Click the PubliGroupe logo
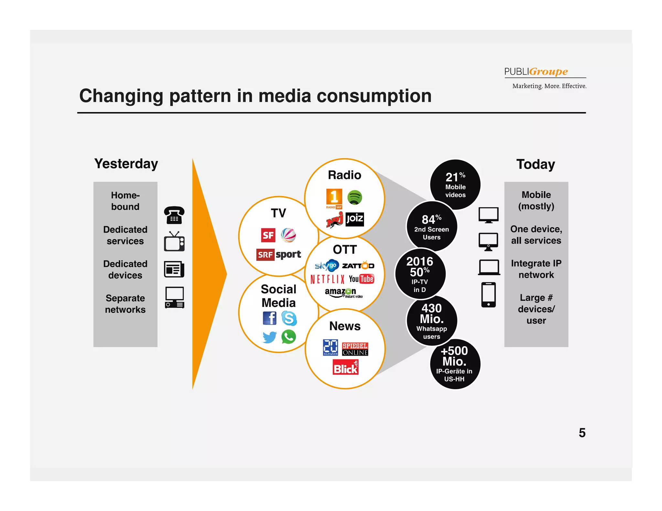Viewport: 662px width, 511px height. (x=545, y=77)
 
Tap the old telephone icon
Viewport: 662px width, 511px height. (x=174, y=215)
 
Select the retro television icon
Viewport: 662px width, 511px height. (x=174, y=242)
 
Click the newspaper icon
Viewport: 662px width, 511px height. (x=174, y=269)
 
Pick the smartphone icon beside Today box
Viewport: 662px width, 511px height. (x=488, y=295)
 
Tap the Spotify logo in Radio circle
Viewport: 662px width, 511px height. (x=355, y=197)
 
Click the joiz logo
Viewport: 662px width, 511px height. (x=355, y=219)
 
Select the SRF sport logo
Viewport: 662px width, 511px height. (x=279, y=255)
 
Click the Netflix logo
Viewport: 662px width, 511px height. (x=327, y=279)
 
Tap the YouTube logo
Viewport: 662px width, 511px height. (x=361, y=279)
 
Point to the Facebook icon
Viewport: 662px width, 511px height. (x=269, y=318)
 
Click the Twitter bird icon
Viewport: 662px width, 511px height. (x=269, y=337)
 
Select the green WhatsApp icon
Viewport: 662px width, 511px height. (x=289, y=337)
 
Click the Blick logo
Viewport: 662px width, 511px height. (x=346, y=368)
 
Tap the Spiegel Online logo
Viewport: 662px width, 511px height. (x=355, y=349)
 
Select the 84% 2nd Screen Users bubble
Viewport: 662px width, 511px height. (x=432, y=226)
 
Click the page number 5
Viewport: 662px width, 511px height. (x=582, y=433)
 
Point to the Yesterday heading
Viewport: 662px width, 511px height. (x=126, y=164)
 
